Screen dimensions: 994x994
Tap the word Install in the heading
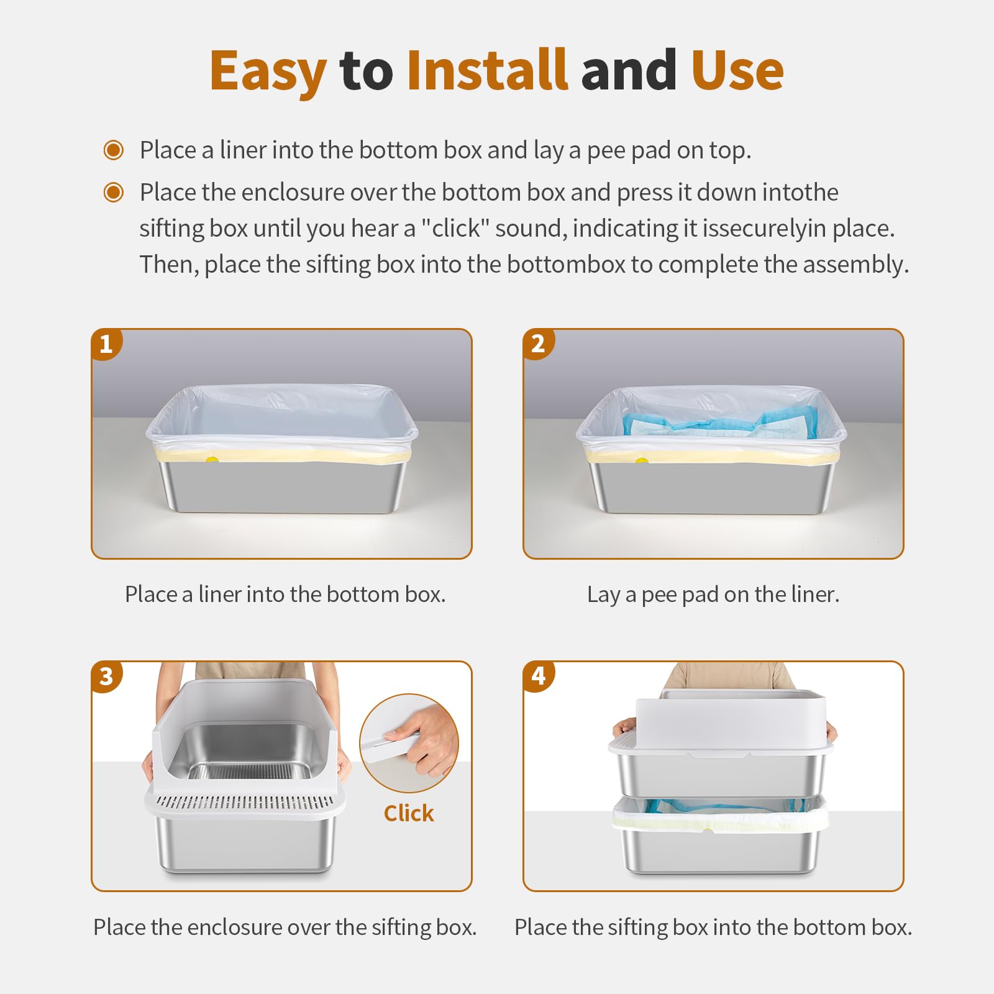tap(487, 70)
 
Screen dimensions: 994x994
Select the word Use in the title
tap(737, 70)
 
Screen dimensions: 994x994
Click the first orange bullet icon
tap(114, 150)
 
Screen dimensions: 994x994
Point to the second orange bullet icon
tap(114, 193)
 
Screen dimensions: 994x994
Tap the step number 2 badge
tap(538, 344)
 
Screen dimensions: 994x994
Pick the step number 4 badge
tap(538, 677)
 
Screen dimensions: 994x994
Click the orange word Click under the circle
tap(409, 813)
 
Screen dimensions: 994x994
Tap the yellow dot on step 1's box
tap(212, 460)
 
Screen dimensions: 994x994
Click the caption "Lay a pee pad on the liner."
tap(713, 595)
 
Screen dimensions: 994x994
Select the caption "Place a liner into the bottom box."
tap(285, 595)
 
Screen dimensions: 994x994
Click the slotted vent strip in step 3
tap(245, 802)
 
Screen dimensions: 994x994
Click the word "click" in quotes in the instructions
tap(456, 229)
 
